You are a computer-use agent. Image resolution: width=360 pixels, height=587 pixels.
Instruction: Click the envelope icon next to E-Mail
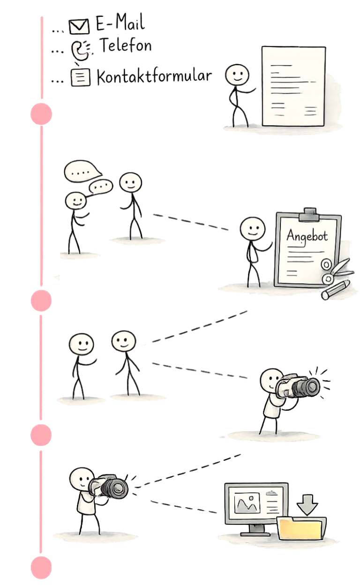pyautogui.click(x=79, y=27)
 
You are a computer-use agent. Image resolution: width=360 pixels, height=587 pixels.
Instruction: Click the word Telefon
pyautogui.click(x=125, y=46)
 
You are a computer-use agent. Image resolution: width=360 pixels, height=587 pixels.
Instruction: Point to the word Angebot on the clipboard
pyautogui.click(x=307, y=235)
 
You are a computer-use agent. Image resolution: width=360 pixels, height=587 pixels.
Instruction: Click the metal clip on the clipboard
pyautogui.click(x=307, y=214)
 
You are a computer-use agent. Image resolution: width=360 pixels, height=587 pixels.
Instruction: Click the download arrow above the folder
pyautogui.click(x=307, y=506)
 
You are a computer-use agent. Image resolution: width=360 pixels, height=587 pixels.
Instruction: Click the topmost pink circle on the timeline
pyautogui.click(x=41, y=113)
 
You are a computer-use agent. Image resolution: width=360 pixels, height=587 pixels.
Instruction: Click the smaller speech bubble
pyautogui.click(x=101, y=187)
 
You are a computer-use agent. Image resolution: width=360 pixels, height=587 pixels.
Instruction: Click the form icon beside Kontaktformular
pyautogui.click(x=80, y=78)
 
